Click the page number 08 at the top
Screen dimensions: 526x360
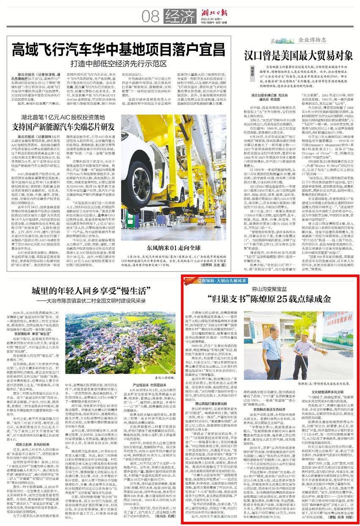(x=150, y=17)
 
